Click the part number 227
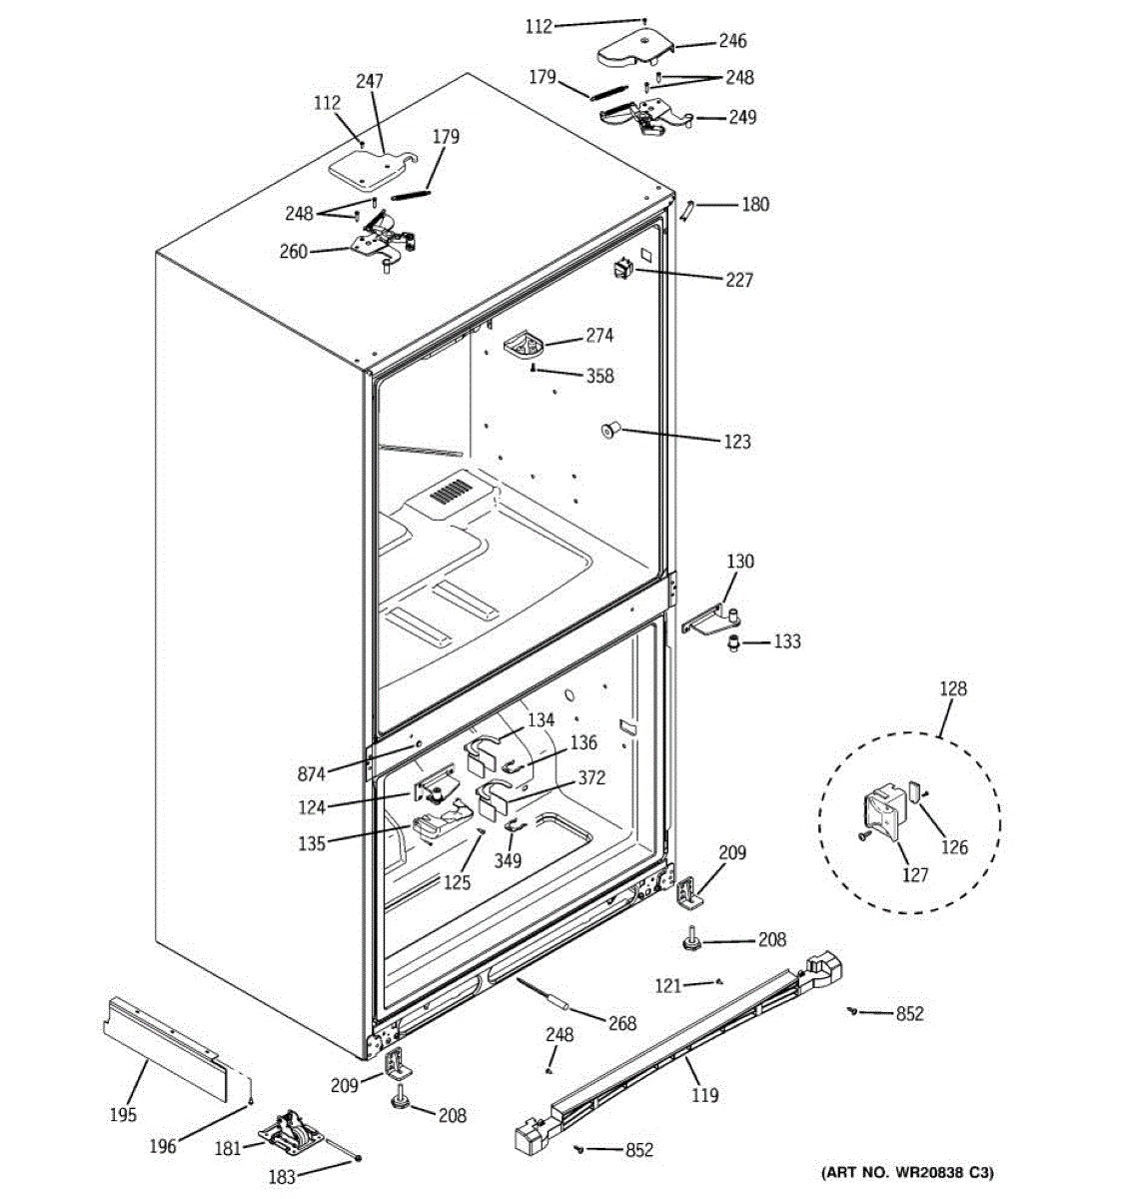pos(739,280)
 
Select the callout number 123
pos(737,441)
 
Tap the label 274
pos(599,336)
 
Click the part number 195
pos(123,1115)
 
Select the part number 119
pos(704,1095)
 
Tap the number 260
pos(294,252)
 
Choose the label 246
pos(732,41)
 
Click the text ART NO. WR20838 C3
pos(906,1172)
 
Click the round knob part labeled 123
pos(608,431)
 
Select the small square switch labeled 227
pos(624,268)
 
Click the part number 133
pos(787,641)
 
